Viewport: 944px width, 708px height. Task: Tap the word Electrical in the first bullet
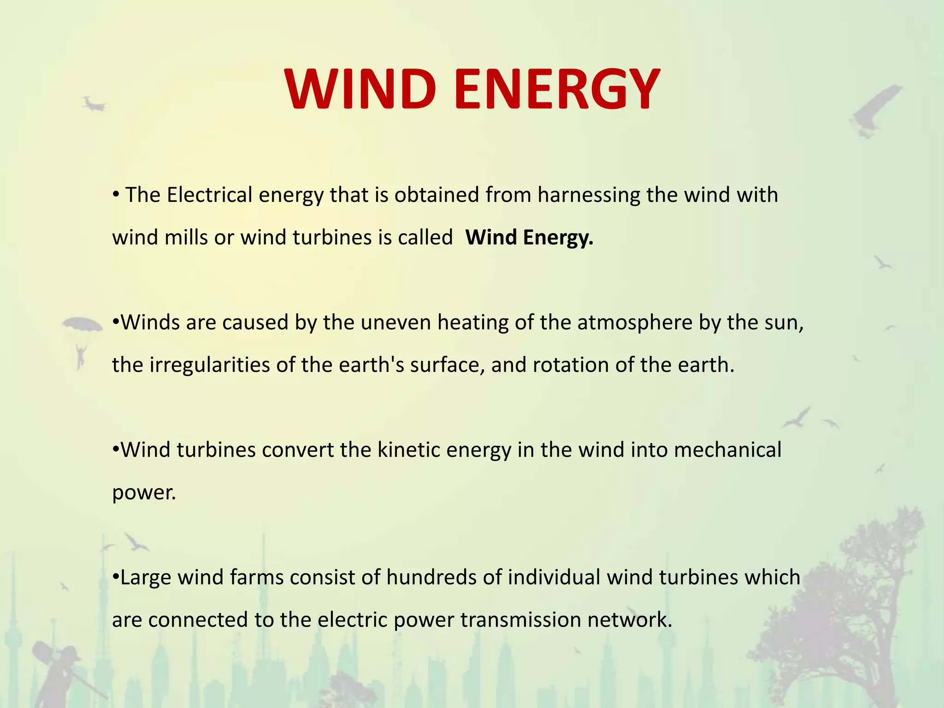pyautogui.click(x=209, y=195)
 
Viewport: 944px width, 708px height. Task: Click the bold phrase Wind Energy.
pyautogui.click(x=529, y=238)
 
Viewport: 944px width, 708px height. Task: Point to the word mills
pyautogui.click(x=185, y=238)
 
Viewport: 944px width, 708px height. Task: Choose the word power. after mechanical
pyautogui.click(x=144, y=493)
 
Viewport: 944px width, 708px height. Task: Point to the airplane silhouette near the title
pyautogui.click(x=94, y=104)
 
